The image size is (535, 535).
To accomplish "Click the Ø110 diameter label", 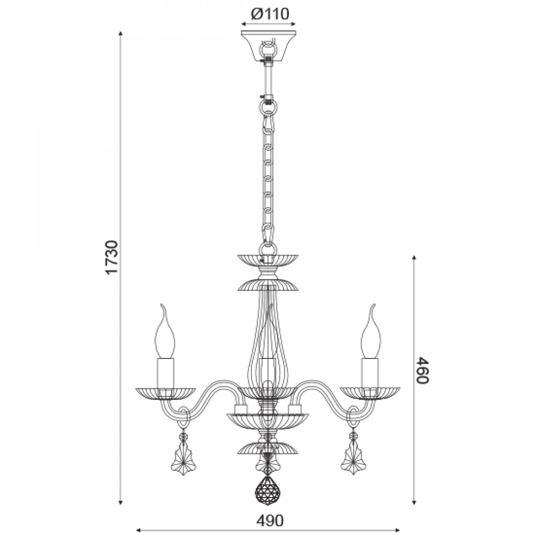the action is [x=270, y=14].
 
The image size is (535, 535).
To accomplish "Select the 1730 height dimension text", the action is [x=112, y=257].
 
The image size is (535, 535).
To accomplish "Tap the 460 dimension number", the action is [x=423, y=370].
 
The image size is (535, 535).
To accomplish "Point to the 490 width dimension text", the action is [x=270, y=521].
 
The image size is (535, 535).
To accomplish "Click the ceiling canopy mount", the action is [x=268, y=45].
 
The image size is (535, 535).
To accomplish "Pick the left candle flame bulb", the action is [x=165, y=331].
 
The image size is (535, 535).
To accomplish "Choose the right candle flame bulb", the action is [x=371, y=331].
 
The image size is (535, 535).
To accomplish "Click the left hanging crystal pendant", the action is [x=184, y=454].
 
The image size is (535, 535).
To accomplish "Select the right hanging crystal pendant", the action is [x=353, y=454].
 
